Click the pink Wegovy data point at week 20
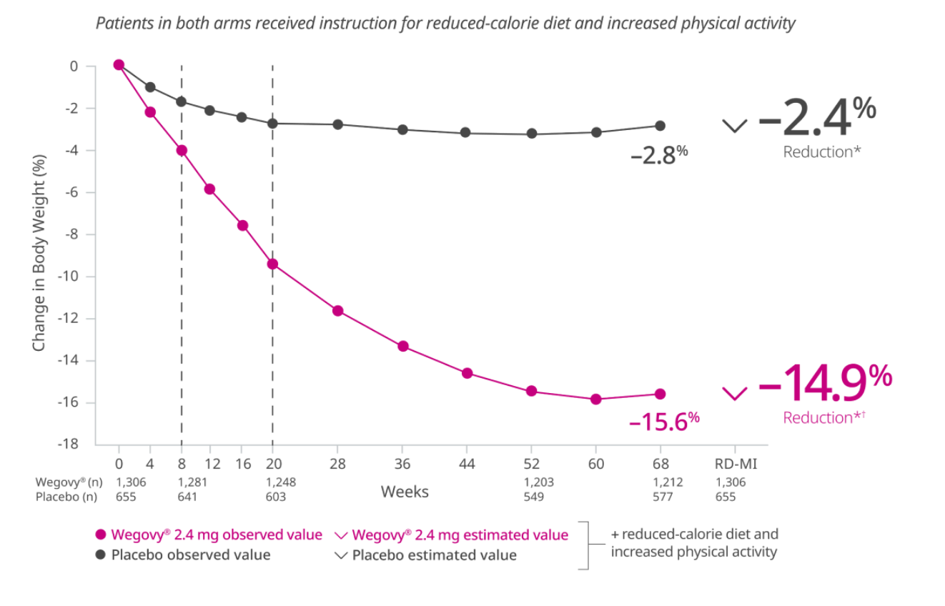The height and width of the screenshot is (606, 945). (x=272, y=264)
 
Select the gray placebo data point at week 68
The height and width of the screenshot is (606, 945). (x=660, y=126)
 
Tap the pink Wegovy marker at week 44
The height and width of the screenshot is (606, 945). (x=467, y=373)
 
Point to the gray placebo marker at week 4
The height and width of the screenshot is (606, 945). (x=150, y=87)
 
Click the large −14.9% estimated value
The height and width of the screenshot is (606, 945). (x=824, y=379)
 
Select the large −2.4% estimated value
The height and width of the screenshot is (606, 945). (x=816, y=119)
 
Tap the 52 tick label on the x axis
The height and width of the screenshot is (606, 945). (x=531, y=465)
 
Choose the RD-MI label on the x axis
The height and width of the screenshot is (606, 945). (x=736, y=465)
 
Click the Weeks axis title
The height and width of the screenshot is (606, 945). (x=405, y=492)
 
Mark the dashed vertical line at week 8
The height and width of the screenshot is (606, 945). (x=182, y=286)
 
